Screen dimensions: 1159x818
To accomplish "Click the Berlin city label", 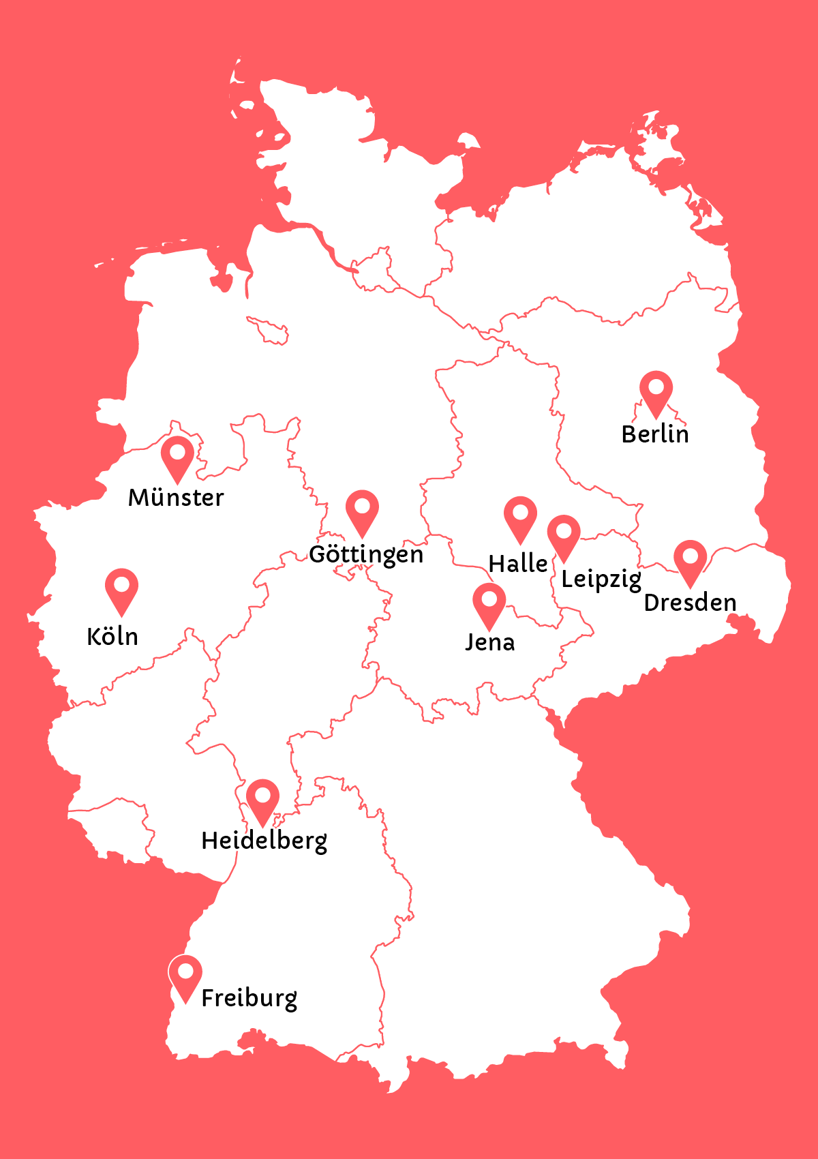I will pyautogui.click(x=655, y=434).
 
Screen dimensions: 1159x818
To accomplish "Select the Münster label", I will pyautogui.click(x=176, y=498).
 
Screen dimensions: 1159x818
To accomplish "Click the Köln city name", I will pyautogui.click(x=112, y=637).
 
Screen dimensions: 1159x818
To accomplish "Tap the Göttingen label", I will pyautogui.click(x=366, y=554).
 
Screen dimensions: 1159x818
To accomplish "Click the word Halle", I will pyautogui.click(x=518, y=564).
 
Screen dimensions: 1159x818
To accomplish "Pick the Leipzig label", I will pyautogui.click(x=601, y=579).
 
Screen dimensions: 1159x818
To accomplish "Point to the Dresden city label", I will pyautogui.click(x=690, y=603).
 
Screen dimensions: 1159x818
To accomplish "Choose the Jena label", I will pyautogui.click(x=489, y=642).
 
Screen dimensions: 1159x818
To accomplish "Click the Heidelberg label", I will pyautogui.click(x=264, y=841).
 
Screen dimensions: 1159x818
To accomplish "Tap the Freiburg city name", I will pyautogui.click(x=249, y=998).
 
